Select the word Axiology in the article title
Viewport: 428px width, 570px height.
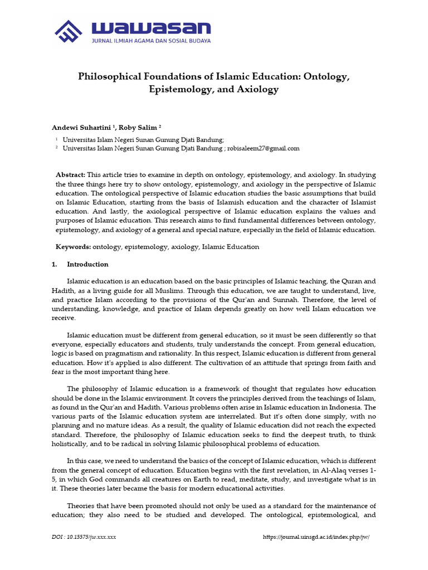coord(257,89)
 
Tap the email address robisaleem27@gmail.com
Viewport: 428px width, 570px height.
coord(264,148)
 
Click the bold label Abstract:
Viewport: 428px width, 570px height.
coord(71,174)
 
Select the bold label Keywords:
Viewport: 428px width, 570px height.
coord(73,247)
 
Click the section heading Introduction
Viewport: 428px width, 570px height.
coord(87,264)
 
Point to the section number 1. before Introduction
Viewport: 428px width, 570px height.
coord(55,264)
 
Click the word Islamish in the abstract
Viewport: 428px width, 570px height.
coord(236,202)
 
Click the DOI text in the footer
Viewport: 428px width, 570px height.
coord(84,537)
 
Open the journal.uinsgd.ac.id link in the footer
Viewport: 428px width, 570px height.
coord(316,537)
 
